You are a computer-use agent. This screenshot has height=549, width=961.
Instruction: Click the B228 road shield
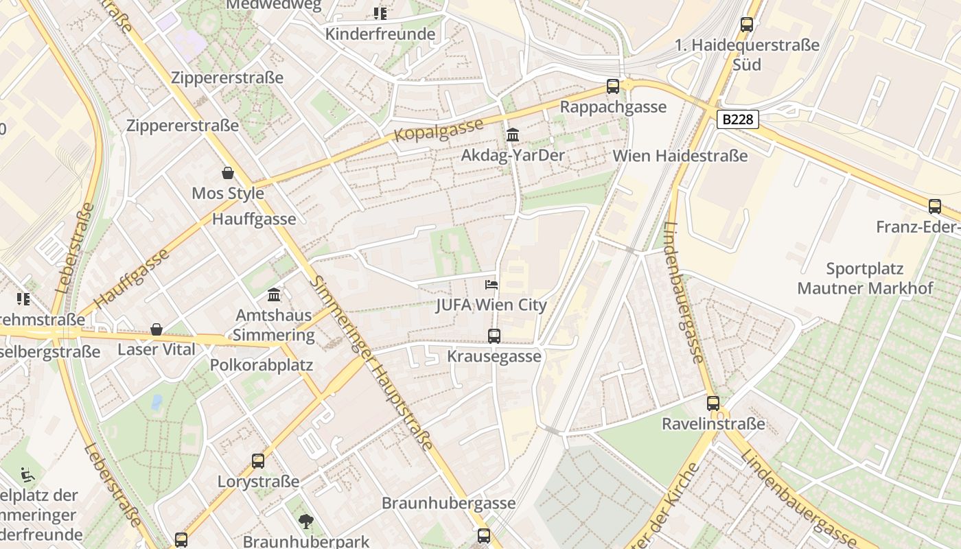pyautogui.click(x=738, y=119)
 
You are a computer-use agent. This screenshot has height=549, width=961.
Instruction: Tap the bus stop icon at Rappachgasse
pyautogui.click(x=613, y=86)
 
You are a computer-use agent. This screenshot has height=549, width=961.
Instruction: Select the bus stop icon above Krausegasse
pyautogui.click(x=494, y=336)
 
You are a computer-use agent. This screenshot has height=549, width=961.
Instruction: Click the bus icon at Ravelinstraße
pyautogui.click(x=713, y=403)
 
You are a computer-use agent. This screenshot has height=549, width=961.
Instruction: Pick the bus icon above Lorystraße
pyautogui.click(x=258, y=460)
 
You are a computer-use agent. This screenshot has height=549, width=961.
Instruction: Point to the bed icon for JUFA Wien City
pyautogui.click(x=491, y=284)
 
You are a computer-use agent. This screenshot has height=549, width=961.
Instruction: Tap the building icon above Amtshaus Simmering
pyautogui.click(x=274, y=294)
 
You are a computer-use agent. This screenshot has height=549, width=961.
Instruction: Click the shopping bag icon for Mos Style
pyautogui.click(x=228, y=173)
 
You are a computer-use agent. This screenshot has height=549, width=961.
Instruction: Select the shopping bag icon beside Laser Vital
pyautogui.click(x=157, y=329)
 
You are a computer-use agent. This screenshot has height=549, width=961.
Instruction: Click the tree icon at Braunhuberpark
pyautogui.click(x=305, y=522)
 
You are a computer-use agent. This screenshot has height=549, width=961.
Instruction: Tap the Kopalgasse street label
pyautogui.click(x=439, y=129)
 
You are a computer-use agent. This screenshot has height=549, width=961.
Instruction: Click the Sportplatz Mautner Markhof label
pyautogui.click(x=865, y=278)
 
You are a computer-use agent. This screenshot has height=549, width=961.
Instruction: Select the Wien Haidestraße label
pyautogui.click(x=680, y=156)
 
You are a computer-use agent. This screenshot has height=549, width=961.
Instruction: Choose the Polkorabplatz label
pyautogui.click(x=262, y=365)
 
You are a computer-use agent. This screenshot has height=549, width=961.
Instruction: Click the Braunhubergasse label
pyautogui.click(x=448, y=503)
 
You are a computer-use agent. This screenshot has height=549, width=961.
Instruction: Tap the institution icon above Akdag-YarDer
pyautogui.click(x=512, y=135)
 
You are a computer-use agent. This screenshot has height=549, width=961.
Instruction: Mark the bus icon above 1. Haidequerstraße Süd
pyautogui.click(x=747, y=25)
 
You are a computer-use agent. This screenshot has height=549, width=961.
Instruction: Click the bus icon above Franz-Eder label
pyautogui.click(x=934, y=206)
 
